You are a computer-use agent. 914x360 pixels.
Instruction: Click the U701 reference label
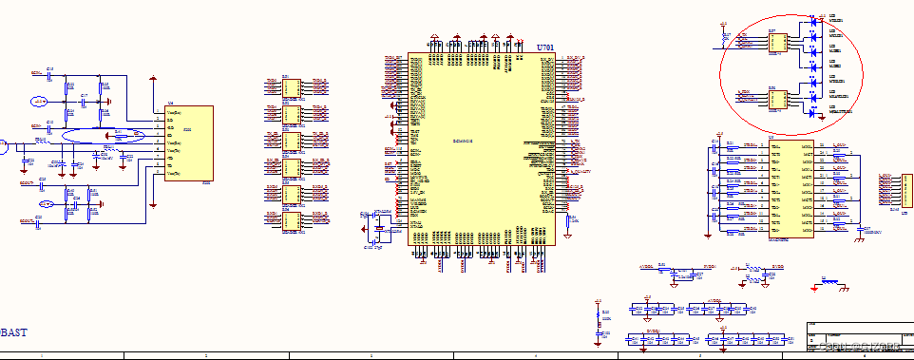pos(543,47)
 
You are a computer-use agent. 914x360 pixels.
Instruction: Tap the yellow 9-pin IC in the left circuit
pos(189,143)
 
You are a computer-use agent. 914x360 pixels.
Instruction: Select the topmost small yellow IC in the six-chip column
pos(290,87)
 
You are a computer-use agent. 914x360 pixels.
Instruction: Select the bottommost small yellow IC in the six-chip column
pos(290,221)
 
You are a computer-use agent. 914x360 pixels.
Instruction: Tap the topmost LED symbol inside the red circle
pos(814,20)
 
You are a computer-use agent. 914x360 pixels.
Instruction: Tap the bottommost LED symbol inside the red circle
pos(814,112)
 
